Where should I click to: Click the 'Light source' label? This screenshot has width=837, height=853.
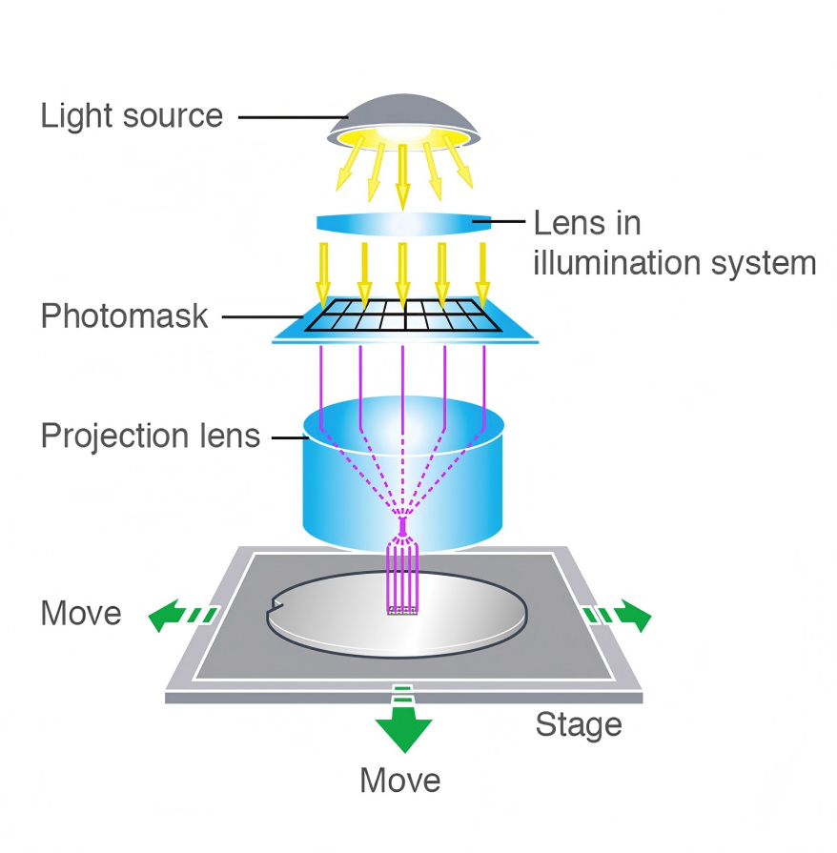(132, 116)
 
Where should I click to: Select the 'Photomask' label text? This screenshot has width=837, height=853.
(124, 315)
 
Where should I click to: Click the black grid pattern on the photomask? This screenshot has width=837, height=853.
(404, 315)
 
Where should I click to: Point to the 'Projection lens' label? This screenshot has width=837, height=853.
(151, 437)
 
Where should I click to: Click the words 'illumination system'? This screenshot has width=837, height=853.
(674, 262)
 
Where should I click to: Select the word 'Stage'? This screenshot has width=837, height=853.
(579, 724)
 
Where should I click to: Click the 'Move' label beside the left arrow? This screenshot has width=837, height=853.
(81, 613)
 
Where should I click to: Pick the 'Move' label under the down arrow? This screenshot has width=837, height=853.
(400, 781)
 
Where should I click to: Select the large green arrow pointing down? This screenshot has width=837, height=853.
(403, 730)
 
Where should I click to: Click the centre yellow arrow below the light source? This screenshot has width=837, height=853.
(402, 176)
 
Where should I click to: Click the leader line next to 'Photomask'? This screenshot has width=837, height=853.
(257, 316)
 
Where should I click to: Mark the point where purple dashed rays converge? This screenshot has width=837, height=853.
(402, 522)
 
